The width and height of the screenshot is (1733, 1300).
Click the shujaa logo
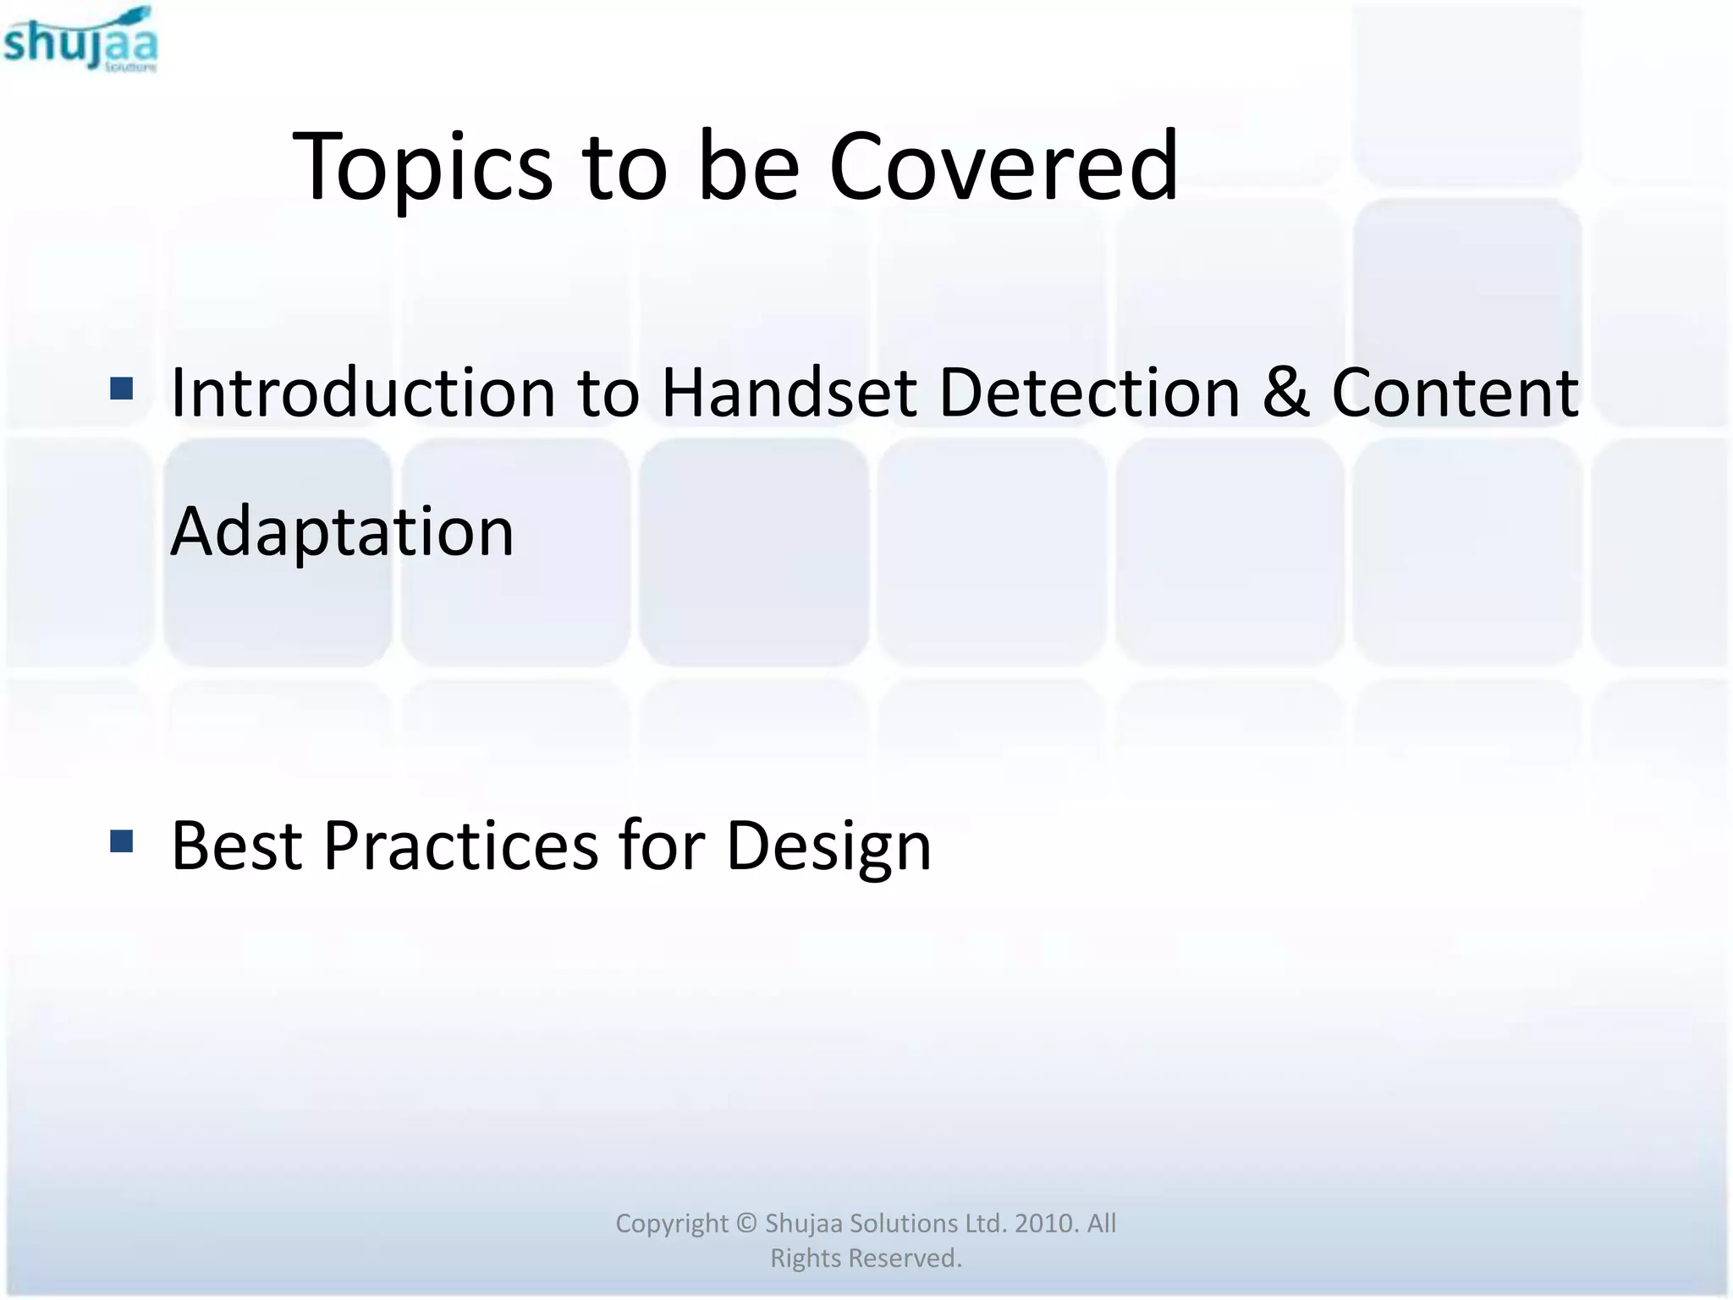(x=80, y=40)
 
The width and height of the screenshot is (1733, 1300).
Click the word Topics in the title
(x=422, y=167)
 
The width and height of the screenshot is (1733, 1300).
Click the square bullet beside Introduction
(x=122, y=388)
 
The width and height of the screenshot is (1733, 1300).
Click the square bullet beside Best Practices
(x=122, y=841)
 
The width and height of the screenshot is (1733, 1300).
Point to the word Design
(x=828, y=846)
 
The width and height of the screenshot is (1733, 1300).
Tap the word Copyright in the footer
(x=671, y=1223)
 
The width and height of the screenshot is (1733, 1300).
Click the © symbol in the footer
(x=745, y=1223)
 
